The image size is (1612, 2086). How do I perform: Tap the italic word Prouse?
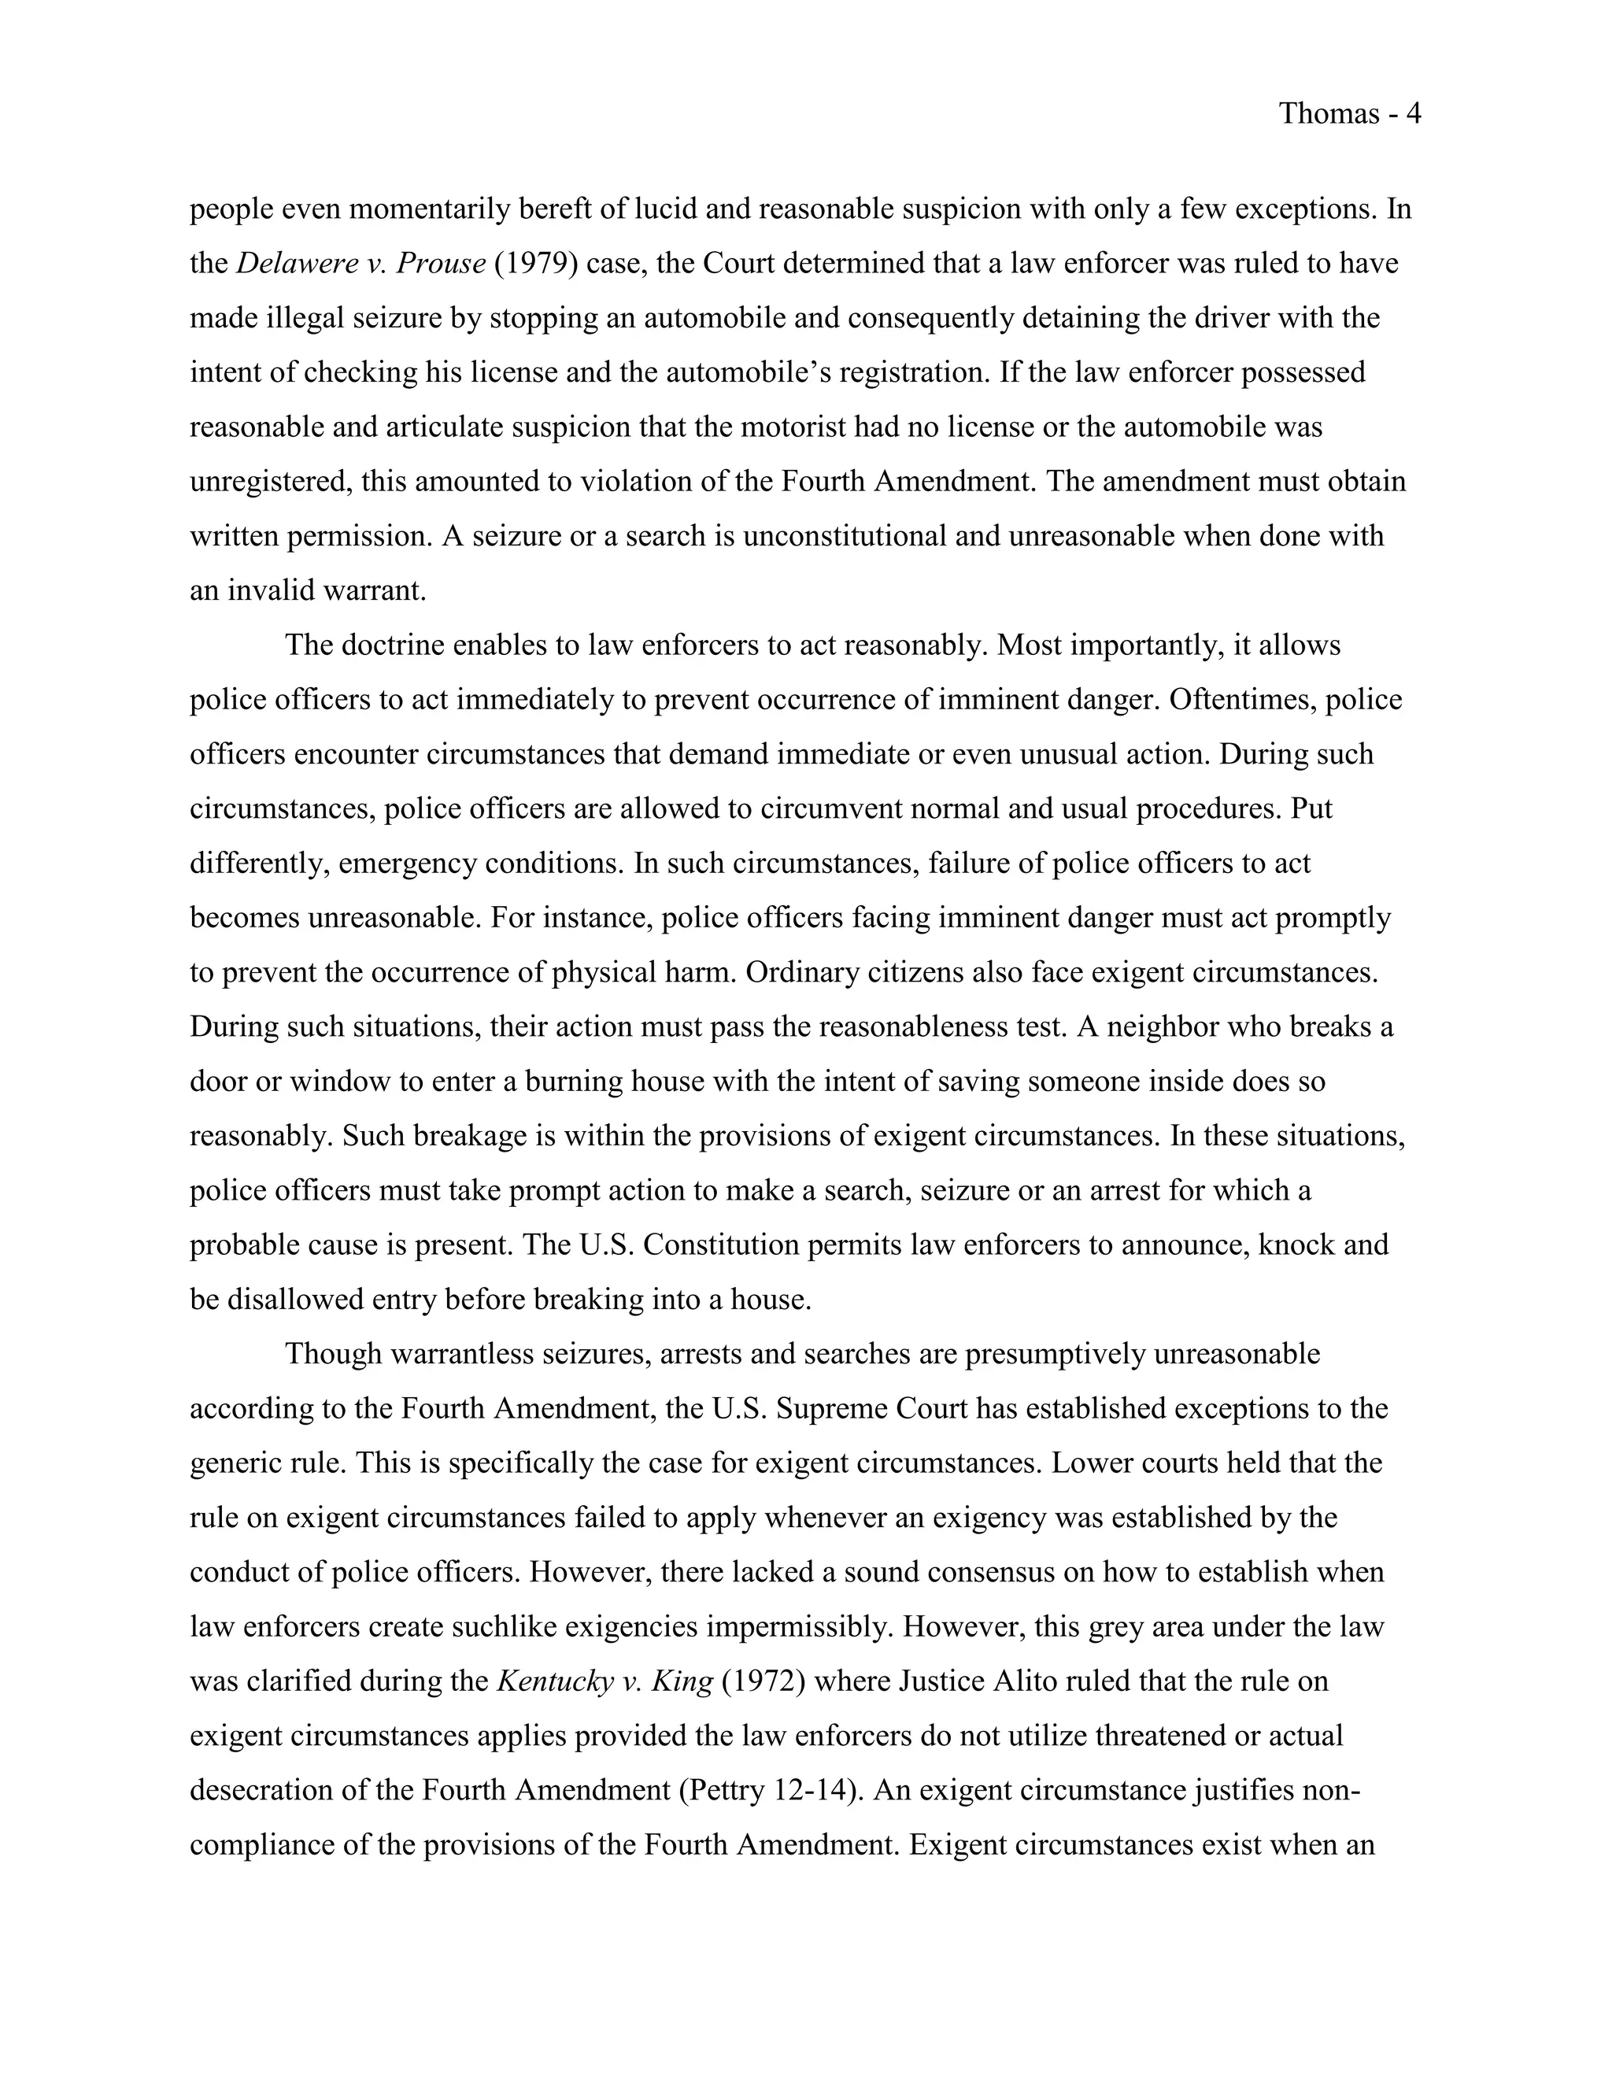440,263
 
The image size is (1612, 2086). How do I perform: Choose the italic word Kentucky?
555,1682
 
